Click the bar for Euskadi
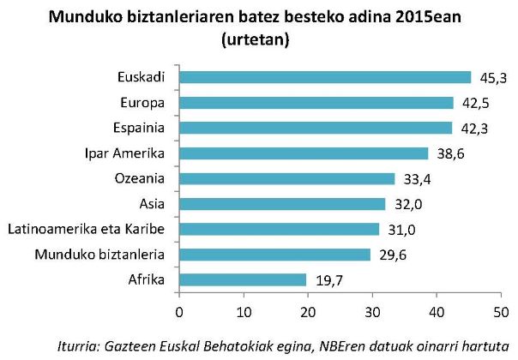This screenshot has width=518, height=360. click(x=324, y=78)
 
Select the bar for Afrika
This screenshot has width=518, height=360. click(x=242, y=279)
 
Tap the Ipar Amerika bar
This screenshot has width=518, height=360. click(x=303, y=153)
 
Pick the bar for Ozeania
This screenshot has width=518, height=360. click(x=286, y=179)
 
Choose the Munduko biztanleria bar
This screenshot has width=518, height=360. click(x=274, y=255)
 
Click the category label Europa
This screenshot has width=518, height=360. click(x=144, y=103)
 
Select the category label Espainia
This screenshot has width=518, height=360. click(x=141, y=129)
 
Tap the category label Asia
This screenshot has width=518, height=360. click(x=152, y=204)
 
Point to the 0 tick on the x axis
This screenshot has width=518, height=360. click(x=178, y=309)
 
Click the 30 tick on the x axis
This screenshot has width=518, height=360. click(x=372, y=309)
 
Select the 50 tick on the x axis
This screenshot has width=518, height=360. click(x=501, y=309)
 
